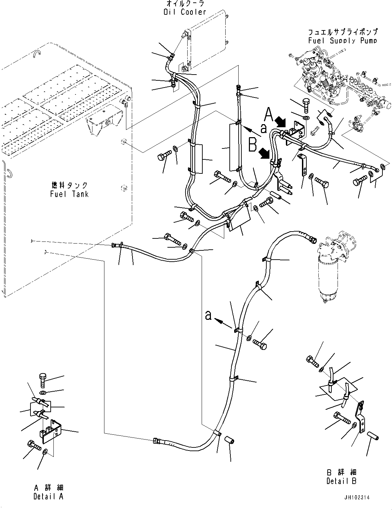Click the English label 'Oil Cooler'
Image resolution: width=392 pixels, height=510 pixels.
point(185,12)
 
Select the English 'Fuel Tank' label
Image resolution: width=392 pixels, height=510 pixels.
point(69,194)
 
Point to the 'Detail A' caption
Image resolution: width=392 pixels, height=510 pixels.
point(48,497)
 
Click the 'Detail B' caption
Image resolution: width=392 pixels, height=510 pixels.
point(342,481)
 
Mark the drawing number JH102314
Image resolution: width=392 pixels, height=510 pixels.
point(357,497)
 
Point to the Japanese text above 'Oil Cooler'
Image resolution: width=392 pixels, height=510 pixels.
point(185,3)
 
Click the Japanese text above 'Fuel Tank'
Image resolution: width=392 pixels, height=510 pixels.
point(69,185)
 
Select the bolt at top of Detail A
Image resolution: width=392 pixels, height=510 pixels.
point(42,380)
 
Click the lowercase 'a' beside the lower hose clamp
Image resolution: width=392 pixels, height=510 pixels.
point(208,315)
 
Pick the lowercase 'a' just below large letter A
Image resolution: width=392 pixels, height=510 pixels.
point(264,129)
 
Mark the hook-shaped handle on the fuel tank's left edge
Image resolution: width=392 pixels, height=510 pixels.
point(9,173)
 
